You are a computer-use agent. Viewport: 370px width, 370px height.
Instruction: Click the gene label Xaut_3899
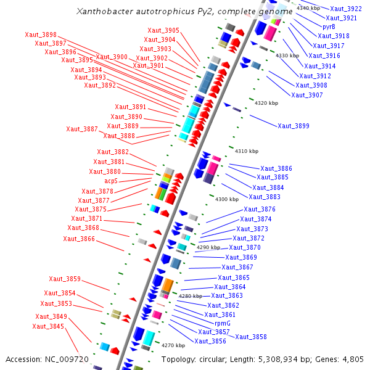[293, 126]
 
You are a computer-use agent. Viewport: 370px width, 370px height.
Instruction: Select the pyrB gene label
[329, 27]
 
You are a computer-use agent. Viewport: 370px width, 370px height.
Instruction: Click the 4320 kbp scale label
[266, 103]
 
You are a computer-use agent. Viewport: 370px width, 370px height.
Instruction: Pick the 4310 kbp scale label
[246, 151]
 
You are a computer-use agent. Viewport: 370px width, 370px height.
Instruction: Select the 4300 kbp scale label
[226, 199]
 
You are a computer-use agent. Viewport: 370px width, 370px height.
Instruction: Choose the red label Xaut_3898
[41, 35]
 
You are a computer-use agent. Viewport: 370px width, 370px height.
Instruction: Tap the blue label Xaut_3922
[346, 9]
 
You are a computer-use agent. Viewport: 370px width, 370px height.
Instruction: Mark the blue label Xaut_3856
[210, 341]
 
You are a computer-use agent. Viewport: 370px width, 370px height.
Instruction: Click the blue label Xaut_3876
[259, 210]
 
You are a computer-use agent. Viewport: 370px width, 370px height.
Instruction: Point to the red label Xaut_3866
[79, 239]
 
